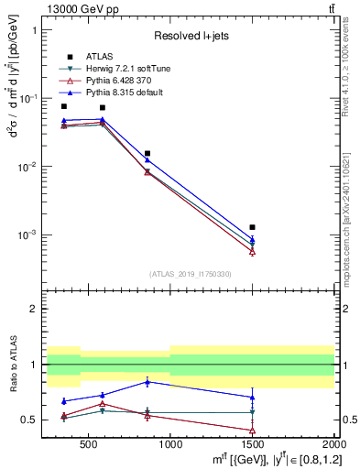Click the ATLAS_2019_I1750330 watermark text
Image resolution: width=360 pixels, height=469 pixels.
click(190, 274)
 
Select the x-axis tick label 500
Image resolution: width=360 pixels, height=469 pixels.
click(88, 444)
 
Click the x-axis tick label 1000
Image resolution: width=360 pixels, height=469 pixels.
click(170, 444)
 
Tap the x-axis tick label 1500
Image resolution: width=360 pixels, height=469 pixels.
click(253, 444)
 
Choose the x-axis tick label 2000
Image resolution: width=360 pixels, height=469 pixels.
click(333, 444)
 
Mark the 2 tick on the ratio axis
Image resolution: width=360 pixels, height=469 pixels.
click(33, 309)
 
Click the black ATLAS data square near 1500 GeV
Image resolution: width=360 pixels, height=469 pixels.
click(252, 227)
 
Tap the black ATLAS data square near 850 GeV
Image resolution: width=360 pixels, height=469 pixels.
click(147, 154)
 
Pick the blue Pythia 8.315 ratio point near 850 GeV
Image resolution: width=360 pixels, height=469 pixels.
click(147, 381)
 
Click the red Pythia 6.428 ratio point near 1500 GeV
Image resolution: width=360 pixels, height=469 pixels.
click(252, 431)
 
